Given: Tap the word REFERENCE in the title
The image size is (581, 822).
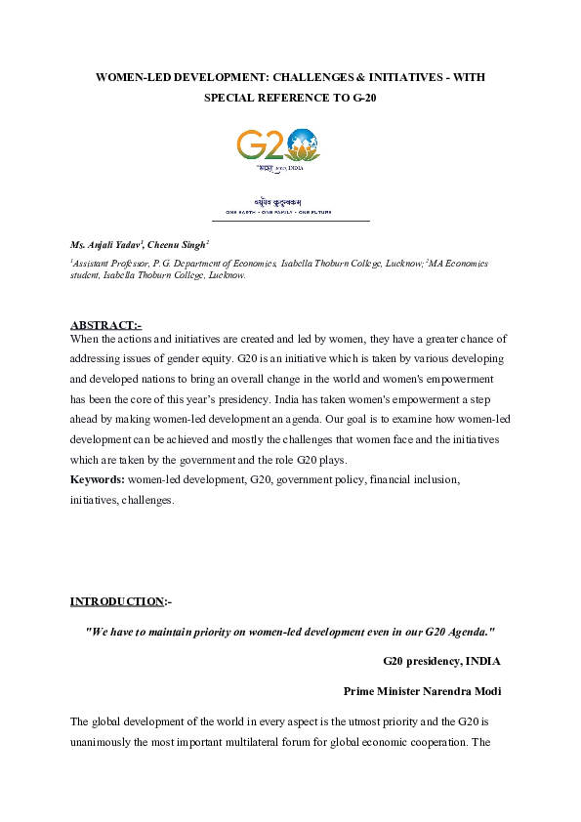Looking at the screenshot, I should (x=299, y=98).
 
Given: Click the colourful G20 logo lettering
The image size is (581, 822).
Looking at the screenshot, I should (x=262, y=145).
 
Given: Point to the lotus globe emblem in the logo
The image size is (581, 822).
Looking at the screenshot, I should (x=304, y=145).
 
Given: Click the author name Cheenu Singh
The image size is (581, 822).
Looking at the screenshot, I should (x=180, y=244).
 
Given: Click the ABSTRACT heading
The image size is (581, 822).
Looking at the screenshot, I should (x=104, y=325).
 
